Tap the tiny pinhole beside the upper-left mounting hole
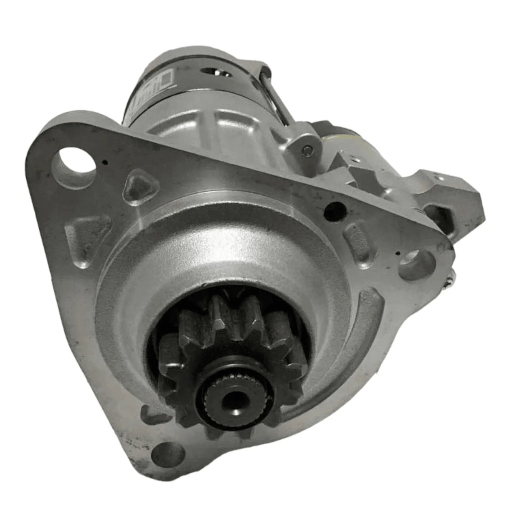click(x=105, y=162)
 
